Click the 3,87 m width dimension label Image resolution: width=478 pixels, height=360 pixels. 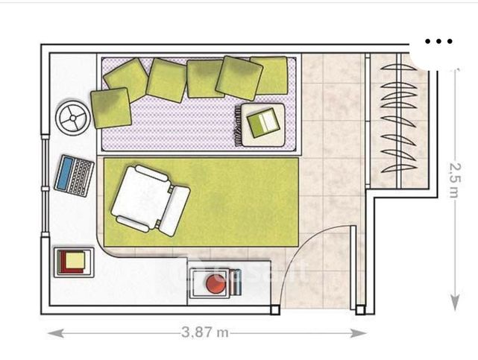point(204,332)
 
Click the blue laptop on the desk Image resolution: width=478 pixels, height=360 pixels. point(75,175)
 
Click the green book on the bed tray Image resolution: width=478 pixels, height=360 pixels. point(262,122)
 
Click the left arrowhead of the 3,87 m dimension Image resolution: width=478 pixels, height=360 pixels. point(51,333)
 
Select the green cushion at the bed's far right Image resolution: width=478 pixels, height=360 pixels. point(271,75)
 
